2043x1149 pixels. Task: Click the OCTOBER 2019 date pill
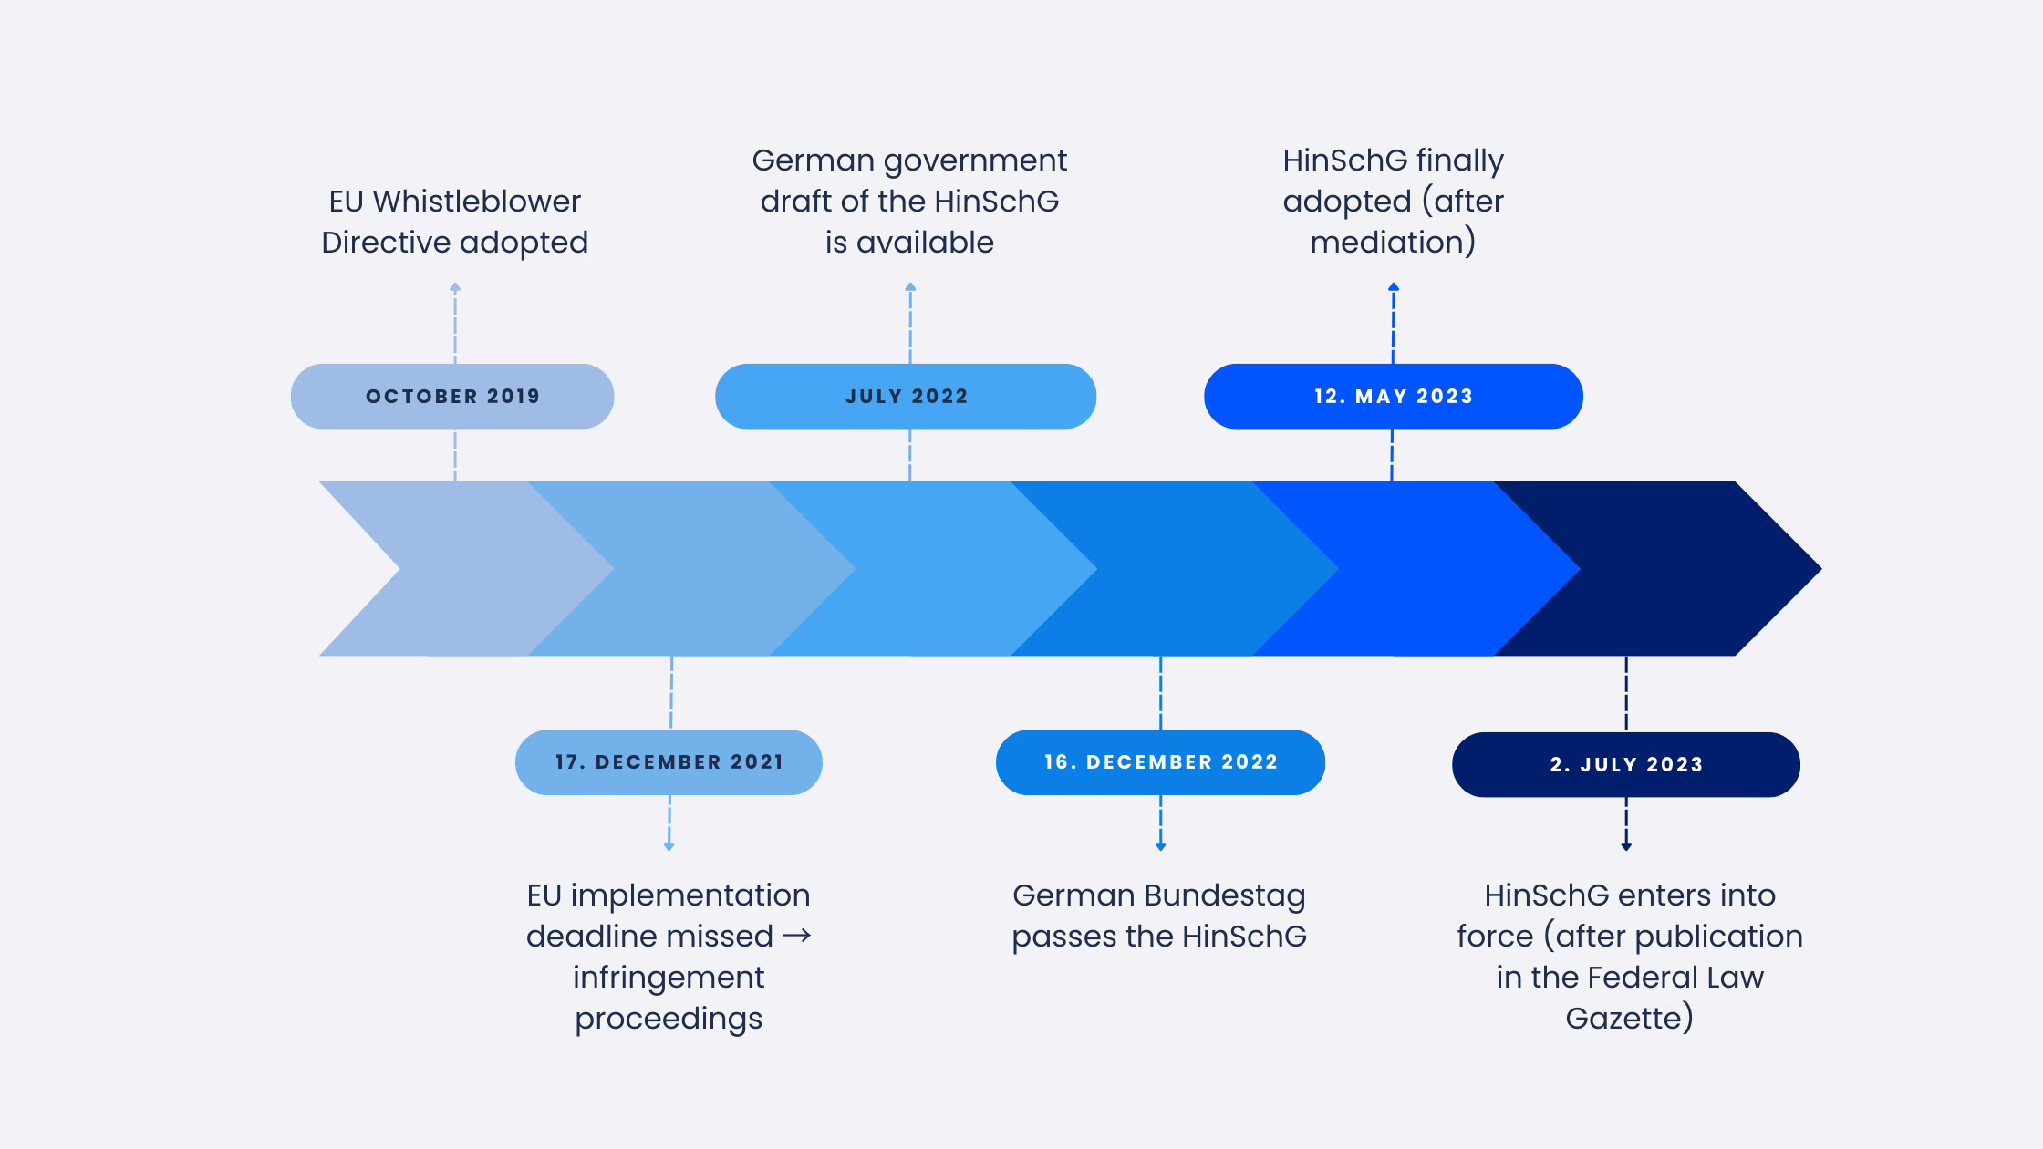pyautogui.click(x=452, y=397)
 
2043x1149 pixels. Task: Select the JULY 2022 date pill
pyautogui.click(x=906, y=397)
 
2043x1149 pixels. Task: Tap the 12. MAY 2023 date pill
pyautogui.click(x=1393, y=397)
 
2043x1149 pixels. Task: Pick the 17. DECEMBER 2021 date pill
pyautogui.click(x=669, y=762)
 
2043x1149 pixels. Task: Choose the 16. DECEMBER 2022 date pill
pyautogui.click(x=1160, y=762)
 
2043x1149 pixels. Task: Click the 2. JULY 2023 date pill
pyautogui.click(x=1625, y=764)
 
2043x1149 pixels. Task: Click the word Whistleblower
pyautogui.click(x=477, y=202)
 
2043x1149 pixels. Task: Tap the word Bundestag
pyautogui.click(x=1225, y=895)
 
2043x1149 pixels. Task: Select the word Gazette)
pyautogui.click(x=1629, y=1018)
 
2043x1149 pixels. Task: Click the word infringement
pyautogui.click(x=669, y=978)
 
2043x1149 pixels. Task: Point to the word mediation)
pyautogui.click(x=1393, y=243)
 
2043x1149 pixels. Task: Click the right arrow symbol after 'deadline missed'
pyautogui.click(x=796, y=937)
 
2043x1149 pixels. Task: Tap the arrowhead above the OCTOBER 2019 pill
pyautogui.click(x=455, y=287)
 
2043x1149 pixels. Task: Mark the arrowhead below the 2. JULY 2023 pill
pyautogui.click(x=1625, y=846)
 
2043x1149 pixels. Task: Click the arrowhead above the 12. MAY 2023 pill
pyautogui.click(x=1394, y=287)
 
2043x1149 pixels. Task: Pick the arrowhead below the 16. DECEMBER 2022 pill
pyautogui.click(x=1160, y=846)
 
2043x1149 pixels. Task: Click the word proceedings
pyautogui.click(x=669, y=1019)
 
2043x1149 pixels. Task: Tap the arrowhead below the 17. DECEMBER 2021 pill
pyautogui.click(x=669, y=846)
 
